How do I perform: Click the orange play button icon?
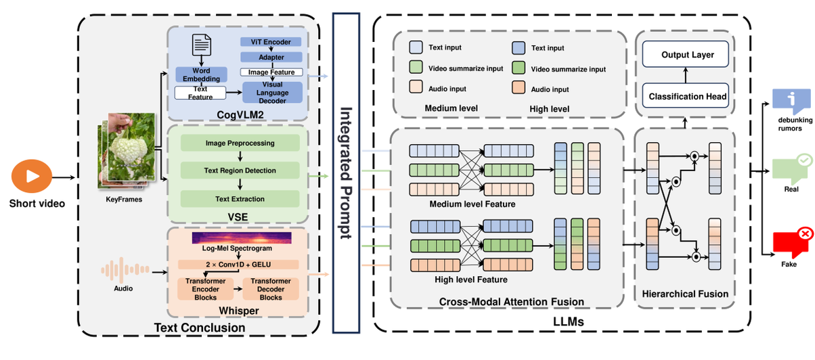(x=31, y=177)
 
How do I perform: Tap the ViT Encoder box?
(x=271, y=42)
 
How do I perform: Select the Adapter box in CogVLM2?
(x=271, y=58)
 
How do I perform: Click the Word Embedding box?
(x=201, y=74)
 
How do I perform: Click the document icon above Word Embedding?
(x=202, y=45)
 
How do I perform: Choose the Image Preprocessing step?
(x=240, y=143)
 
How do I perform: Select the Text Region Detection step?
(x=240, y=171)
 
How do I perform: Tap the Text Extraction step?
(x=240, y=198)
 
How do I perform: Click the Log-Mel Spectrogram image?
(x=241, y=238)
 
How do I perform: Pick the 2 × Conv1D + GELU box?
(x=238, y=265)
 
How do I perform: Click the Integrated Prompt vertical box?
(x=347, y=172)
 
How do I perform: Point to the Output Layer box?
(x=687, y=55)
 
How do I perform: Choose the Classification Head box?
(x=687, y=96)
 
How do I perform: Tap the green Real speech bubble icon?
(x=790, y=166)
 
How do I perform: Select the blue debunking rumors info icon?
(x=790, y=99)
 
